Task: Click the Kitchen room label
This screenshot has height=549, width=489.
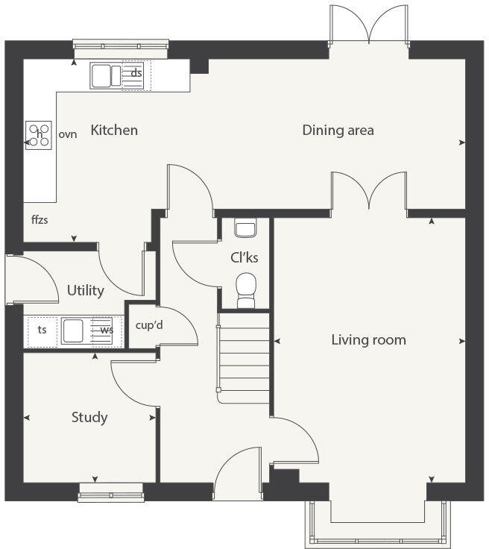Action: pyautogui.click(x=114, y=131)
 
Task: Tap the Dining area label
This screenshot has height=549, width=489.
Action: pyautogui.click(x=338, y=131)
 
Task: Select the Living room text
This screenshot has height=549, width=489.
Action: pyautogui.click(x=368, y=340)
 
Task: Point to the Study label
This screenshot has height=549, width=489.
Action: pyautogui.click(x=89, y=417)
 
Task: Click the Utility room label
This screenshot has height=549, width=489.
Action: pyautogui.click(x=85, y=290)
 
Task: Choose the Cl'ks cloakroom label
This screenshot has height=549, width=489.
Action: pyautogui.click(x=244, y=258)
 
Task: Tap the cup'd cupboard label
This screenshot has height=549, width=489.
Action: pyautogui.click(x=149, y=325)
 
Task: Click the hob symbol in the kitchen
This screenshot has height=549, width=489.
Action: pyautogui.click(x=40, y=135)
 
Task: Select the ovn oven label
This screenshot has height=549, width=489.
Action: pyautogui.click(x=68, y=135)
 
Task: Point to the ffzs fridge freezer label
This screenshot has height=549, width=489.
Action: pyautogui.click(x=40, y=220)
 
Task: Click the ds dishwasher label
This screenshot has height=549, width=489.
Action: pyautogui.click(x=136, y=73)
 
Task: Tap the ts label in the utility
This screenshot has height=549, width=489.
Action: pyautogui.click(x=42, y=330)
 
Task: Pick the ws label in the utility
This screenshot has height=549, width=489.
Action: pyautogui.click(x=107, y=330)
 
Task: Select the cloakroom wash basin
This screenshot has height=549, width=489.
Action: pyautogui.click(x=244, y=227)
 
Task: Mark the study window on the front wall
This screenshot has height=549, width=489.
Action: pyautogui.click(x=111, y=490)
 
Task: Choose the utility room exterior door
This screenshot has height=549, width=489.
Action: pyautogui.click(x=30, y=279)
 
